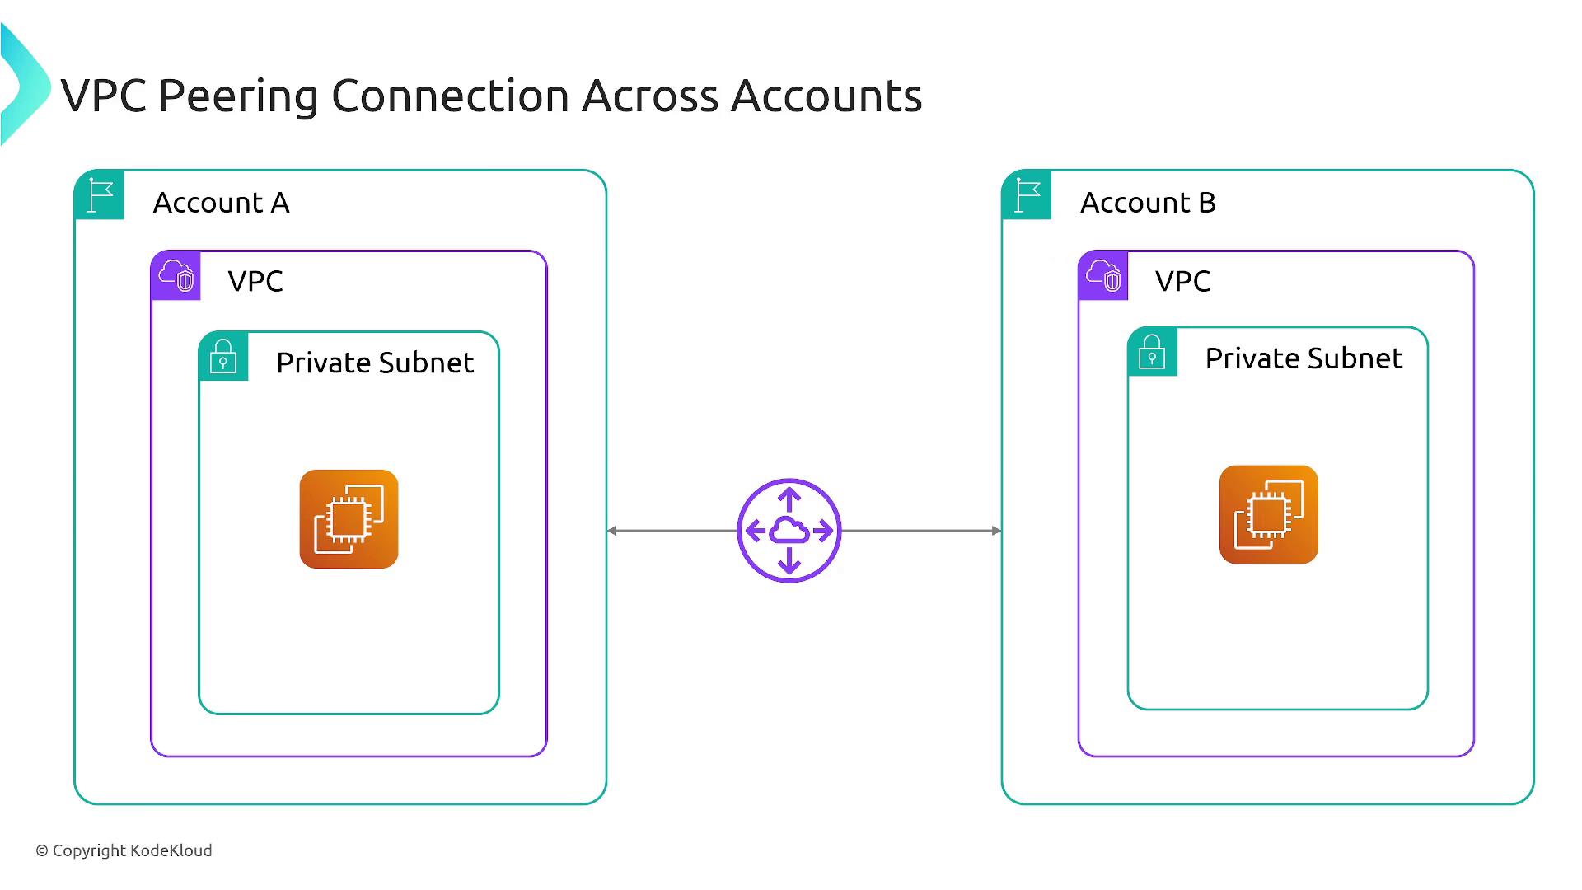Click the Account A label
tap(221, 203)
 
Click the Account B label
tap(1148, 203)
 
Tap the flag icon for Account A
tap(100, 195)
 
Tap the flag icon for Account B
tap(1027, 195)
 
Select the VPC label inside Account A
tap(255, 281)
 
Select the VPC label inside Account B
tap(1182, 281)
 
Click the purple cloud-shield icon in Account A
tap(176, 275)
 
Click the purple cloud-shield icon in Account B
tap(1103, 275)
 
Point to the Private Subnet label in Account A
tap(375, 363)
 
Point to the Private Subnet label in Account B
tap(1304, 358)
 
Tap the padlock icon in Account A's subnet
tap(223, 356)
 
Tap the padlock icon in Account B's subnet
tap(1152, 352)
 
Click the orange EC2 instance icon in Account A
tap(349, 519)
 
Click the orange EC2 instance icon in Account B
tap(1268, 515)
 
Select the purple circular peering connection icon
tap(789, 531)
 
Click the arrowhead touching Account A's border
tap(612, 531)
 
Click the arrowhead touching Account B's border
tap(996, 531)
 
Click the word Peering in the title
tap(238, 96)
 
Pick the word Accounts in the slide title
tap(826, 96)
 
